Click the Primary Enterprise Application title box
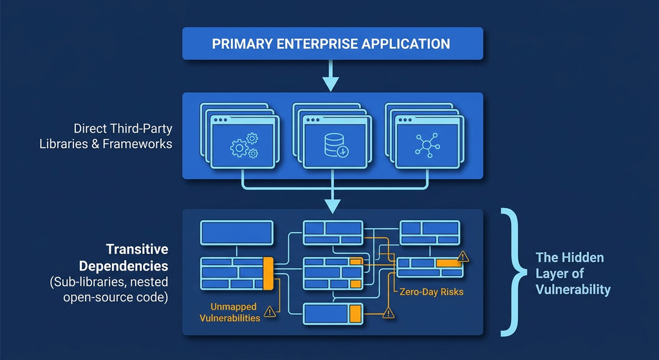(333, 43)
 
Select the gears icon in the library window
(244, 146)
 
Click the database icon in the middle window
(336, 146)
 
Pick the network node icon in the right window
(427, 146)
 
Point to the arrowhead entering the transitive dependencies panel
(332, 207)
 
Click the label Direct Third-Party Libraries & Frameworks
(106, 136)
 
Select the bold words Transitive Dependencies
(124, 258)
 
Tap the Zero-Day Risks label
(431, 292)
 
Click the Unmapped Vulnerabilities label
(230, 312)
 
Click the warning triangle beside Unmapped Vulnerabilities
(270, 312)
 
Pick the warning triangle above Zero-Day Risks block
(463, 256)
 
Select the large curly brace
(513, 272)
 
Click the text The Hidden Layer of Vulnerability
(573, 273)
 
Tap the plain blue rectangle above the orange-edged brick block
(237, 232)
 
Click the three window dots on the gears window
(220, 120)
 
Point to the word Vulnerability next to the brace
(573, 289)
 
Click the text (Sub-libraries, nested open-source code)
(109, 289)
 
